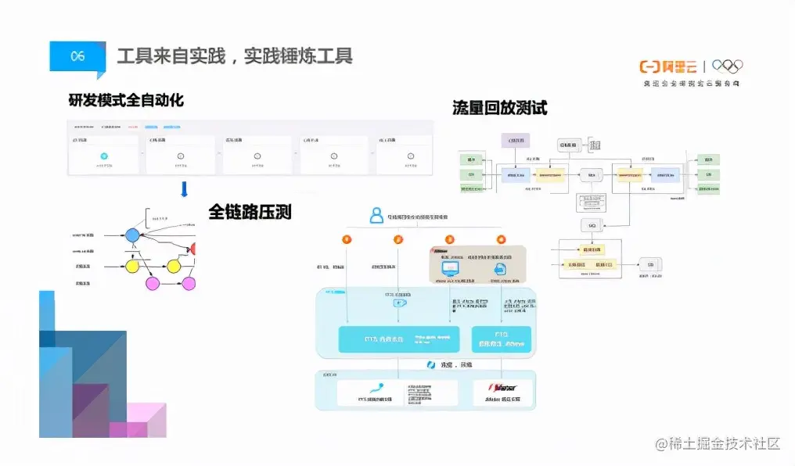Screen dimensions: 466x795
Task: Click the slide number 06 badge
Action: click(77, 56)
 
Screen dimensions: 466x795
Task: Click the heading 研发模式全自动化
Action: click(126, 100)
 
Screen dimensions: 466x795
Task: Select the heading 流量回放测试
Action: click(499, 108)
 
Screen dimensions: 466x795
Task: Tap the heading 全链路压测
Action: click(250, 211)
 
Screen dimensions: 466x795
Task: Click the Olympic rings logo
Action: click(727, 67)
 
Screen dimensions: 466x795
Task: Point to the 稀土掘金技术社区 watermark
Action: click(718, 443)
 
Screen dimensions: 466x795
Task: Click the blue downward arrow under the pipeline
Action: click(185, 189)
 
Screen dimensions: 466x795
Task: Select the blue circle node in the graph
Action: click(132, 235)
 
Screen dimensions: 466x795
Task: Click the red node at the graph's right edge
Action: click(192, 249)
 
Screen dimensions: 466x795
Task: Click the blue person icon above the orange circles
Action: click(377, 215)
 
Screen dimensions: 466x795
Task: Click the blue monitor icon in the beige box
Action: click(450, 267)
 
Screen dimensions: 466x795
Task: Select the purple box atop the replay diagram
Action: click(516, 141)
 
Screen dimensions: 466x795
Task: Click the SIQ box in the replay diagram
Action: click(592, 226)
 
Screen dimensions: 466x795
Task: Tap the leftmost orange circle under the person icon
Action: click(346, 239)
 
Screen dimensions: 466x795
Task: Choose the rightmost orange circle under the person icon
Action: click(501, 239)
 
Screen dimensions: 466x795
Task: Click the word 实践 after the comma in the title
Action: click(262, 56)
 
